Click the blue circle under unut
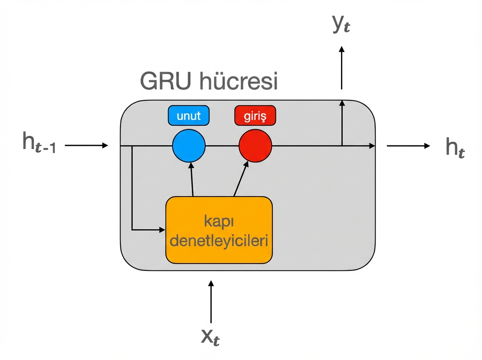point(189,146)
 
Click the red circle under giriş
point(255,146)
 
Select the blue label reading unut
point(189,117)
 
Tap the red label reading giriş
point(255,117)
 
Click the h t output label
point(455,147)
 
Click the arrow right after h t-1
point(86,145)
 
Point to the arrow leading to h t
point(408,146)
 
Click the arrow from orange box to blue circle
point(192,179)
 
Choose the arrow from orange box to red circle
point(241,178)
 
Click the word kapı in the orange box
point(219,221)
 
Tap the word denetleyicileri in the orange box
point(219,241)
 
